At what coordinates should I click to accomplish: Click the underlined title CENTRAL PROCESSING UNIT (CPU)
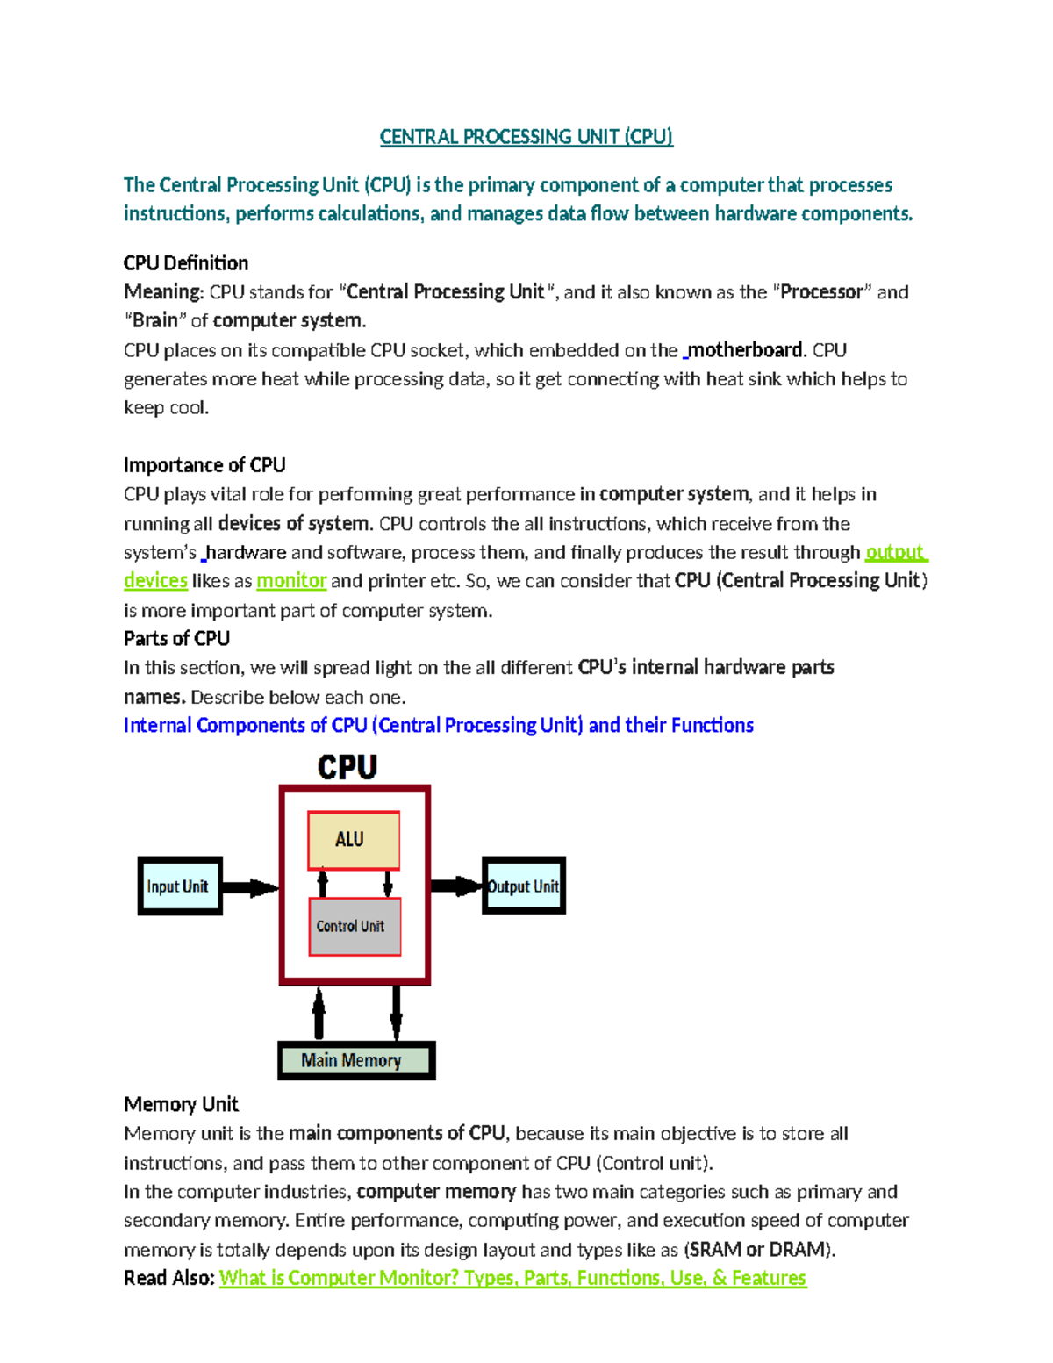click(526, 137)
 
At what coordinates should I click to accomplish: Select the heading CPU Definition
click(186, 263)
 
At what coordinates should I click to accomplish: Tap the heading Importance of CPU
click(204, 465)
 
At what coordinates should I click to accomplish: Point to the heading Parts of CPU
click(176, 638)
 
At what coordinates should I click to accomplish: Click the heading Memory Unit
click(181, 1104)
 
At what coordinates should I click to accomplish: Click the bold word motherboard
click(745, 350)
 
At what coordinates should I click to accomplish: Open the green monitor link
click(291, 581)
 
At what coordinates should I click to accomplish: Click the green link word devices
click(155, 581)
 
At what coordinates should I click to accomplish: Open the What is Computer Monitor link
click(512, 1278)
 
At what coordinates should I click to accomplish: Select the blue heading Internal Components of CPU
click(438, 725)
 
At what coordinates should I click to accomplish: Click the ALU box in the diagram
click(354, 840)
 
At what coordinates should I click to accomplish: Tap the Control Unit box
click(355, 926)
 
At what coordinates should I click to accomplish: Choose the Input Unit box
click(180, 886)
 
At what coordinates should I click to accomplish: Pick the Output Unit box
click(524, 886)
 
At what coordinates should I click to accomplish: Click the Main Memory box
click(356, 1060)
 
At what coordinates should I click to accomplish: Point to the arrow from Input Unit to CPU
click(250, 887)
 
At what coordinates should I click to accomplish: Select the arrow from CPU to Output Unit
click(455, 886)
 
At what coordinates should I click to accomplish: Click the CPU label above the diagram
click(347, 768)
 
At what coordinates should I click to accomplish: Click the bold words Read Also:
click(169, 1278)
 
